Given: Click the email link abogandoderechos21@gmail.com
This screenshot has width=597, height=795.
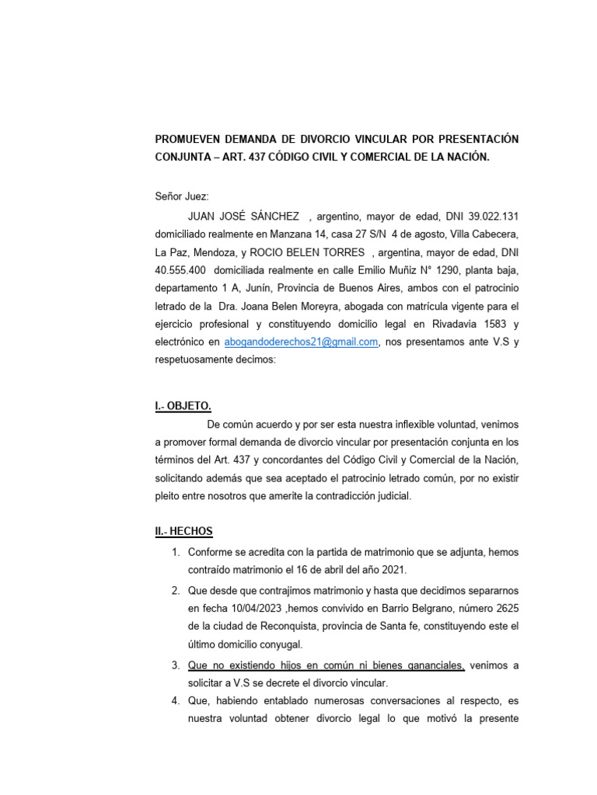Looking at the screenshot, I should [301, 342].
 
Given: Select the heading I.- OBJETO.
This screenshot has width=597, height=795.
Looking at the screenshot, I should [183, 406].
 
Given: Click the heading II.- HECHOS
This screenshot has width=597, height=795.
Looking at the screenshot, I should [183, 531].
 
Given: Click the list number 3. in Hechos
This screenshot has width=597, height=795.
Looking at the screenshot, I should [176, 665].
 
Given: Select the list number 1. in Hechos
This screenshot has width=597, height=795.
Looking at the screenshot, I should [176, 552].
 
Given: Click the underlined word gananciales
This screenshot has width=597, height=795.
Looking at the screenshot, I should [431, 665].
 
